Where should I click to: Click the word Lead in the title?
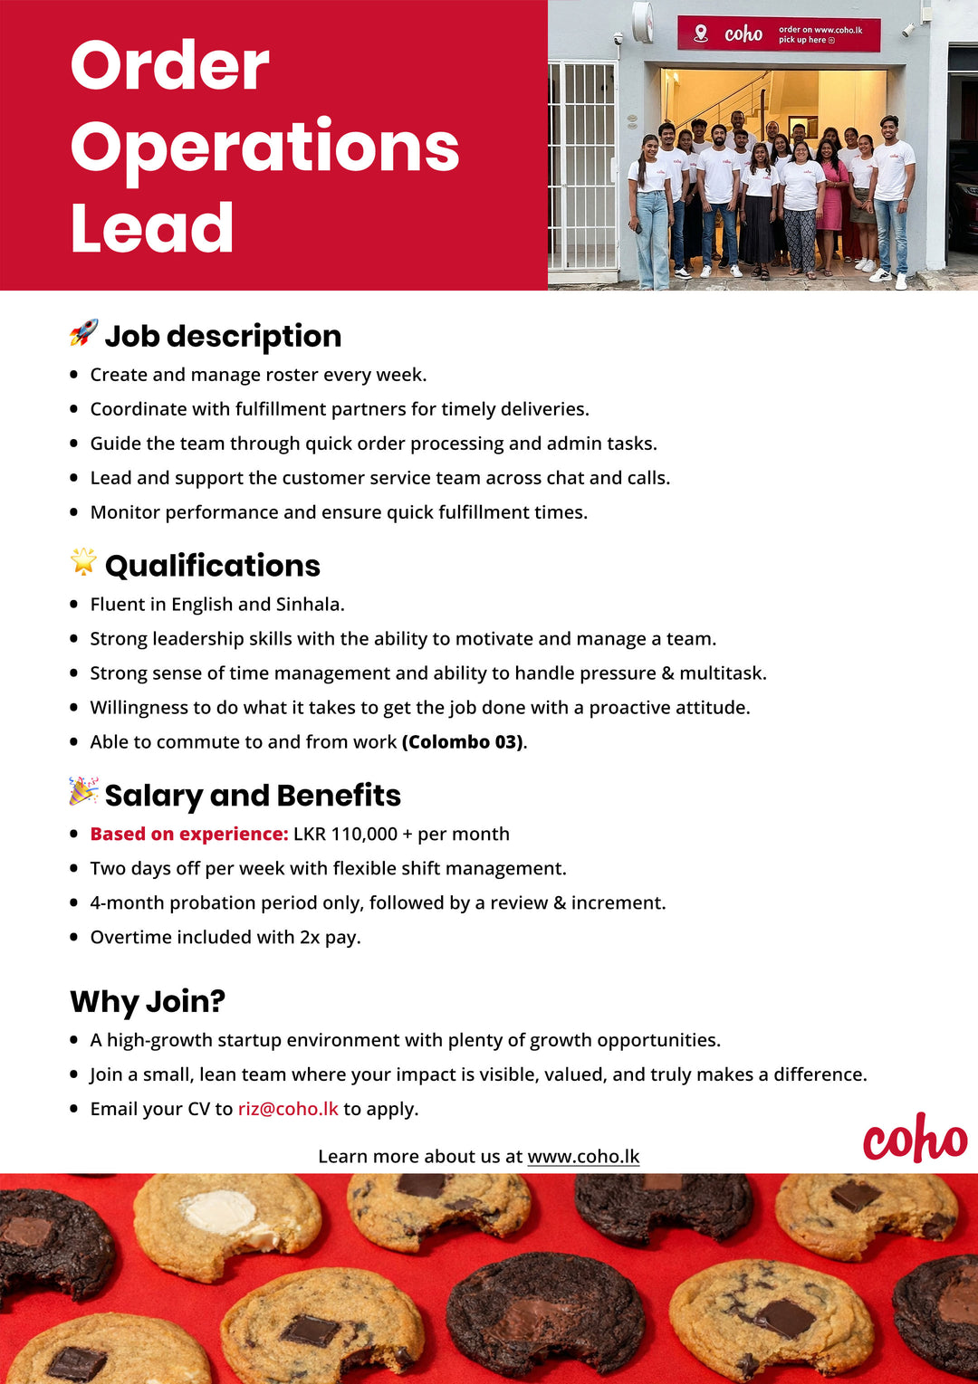pyautogui.click(x=152, y=228)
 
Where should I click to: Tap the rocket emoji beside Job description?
pyautogui.click(x=83, y=333)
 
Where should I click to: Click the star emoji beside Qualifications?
pyautogui.click(x=83, y=562)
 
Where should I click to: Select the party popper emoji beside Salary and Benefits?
pyautogui.click(x=83, y=791)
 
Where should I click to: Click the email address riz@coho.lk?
pyautogui.click(x=288, y=1109)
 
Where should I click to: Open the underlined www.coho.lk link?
pyautogui.click(x=583, y=1157)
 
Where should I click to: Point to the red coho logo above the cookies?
pyautogui.click(x=915, y=1138)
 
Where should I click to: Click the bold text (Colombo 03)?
pyautogui.click(x=463, y=742)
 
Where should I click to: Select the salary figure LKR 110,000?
pyautogui.click(x=345, y=835)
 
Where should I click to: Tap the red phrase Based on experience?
pyautogui.click(x=189, y=835)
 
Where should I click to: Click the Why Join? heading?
pyautogui.click(x=148, y=1001)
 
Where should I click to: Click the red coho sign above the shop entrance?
pyautogui.click(x=779, y=34)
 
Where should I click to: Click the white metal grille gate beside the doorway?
pyautogui.click(x=581, y=167)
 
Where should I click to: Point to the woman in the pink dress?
pyautogui.click(x=831, y=204)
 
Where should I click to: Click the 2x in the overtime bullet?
pyautogui.click(x=310, y=938)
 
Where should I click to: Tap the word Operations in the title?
pyautogui.click(x=264, y=147)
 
